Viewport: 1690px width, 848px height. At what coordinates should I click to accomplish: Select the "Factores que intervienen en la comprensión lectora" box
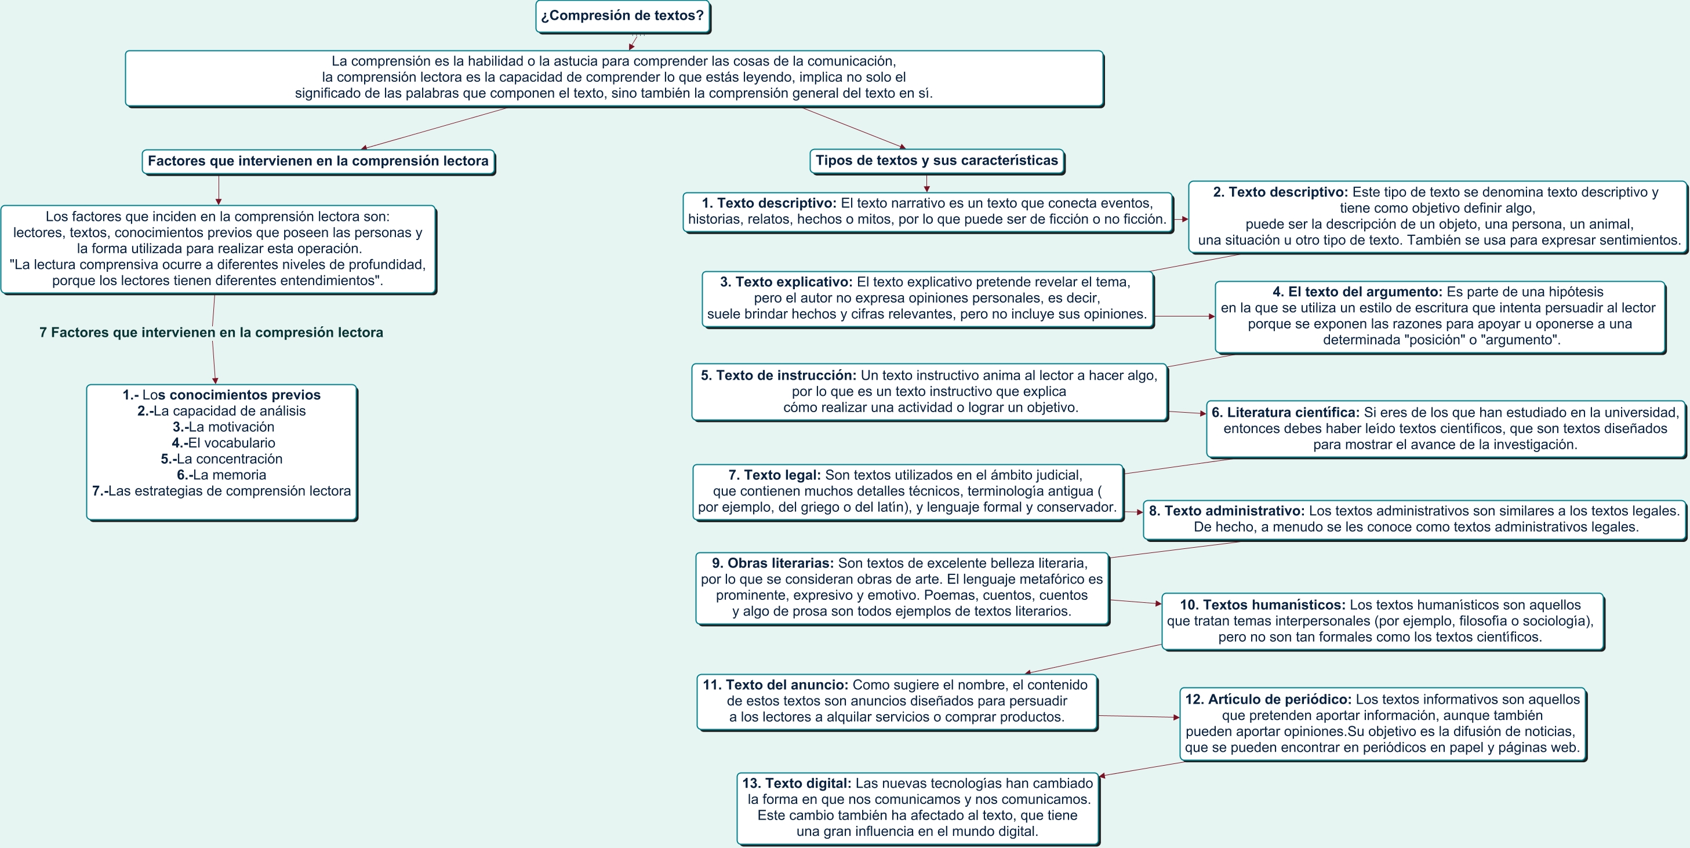pos(318,161)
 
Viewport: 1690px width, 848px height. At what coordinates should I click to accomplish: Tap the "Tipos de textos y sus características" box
pos(936,161)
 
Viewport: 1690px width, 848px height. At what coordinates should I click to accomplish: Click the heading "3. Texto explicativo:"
pos(786,282)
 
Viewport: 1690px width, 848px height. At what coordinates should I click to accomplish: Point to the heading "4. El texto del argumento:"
pos(1357,292)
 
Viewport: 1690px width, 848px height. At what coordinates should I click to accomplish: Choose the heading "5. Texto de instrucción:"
pos(778,375)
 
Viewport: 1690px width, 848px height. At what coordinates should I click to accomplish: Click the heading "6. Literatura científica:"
pos(1285,413)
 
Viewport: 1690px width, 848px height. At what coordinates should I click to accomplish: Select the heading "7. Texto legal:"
pos(774,475)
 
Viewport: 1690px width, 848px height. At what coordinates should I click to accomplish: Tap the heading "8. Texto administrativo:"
pos(1226,511)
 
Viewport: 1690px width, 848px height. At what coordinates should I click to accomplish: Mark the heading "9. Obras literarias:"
pos(772,563)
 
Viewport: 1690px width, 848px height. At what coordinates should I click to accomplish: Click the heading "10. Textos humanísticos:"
pos(1262,605)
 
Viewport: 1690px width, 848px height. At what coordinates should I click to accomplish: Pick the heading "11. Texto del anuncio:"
pos(776,685)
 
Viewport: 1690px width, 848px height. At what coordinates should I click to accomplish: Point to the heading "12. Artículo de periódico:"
pos(1267,699)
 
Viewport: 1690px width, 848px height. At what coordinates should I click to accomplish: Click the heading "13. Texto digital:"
pos(797,783)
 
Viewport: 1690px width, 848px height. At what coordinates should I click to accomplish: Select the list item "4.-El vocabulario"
pos(223,443)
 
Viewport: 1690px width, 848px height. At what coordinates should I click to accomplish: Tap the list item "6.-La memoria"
pos(221,475)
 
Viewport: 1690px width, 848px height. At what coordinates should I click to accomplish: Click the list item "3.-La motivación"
pos(223,427)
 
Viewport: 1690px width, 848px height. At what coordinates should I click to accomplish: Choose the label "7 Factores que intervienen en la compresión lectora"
pos(211,333)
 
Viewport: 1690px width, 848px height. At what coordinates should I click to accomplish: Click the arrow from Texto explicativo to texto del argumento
pos(1184,316)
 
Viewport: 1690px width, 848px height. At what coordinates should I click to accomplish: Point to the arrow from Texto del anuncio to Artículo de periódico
pos(1138,716)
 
